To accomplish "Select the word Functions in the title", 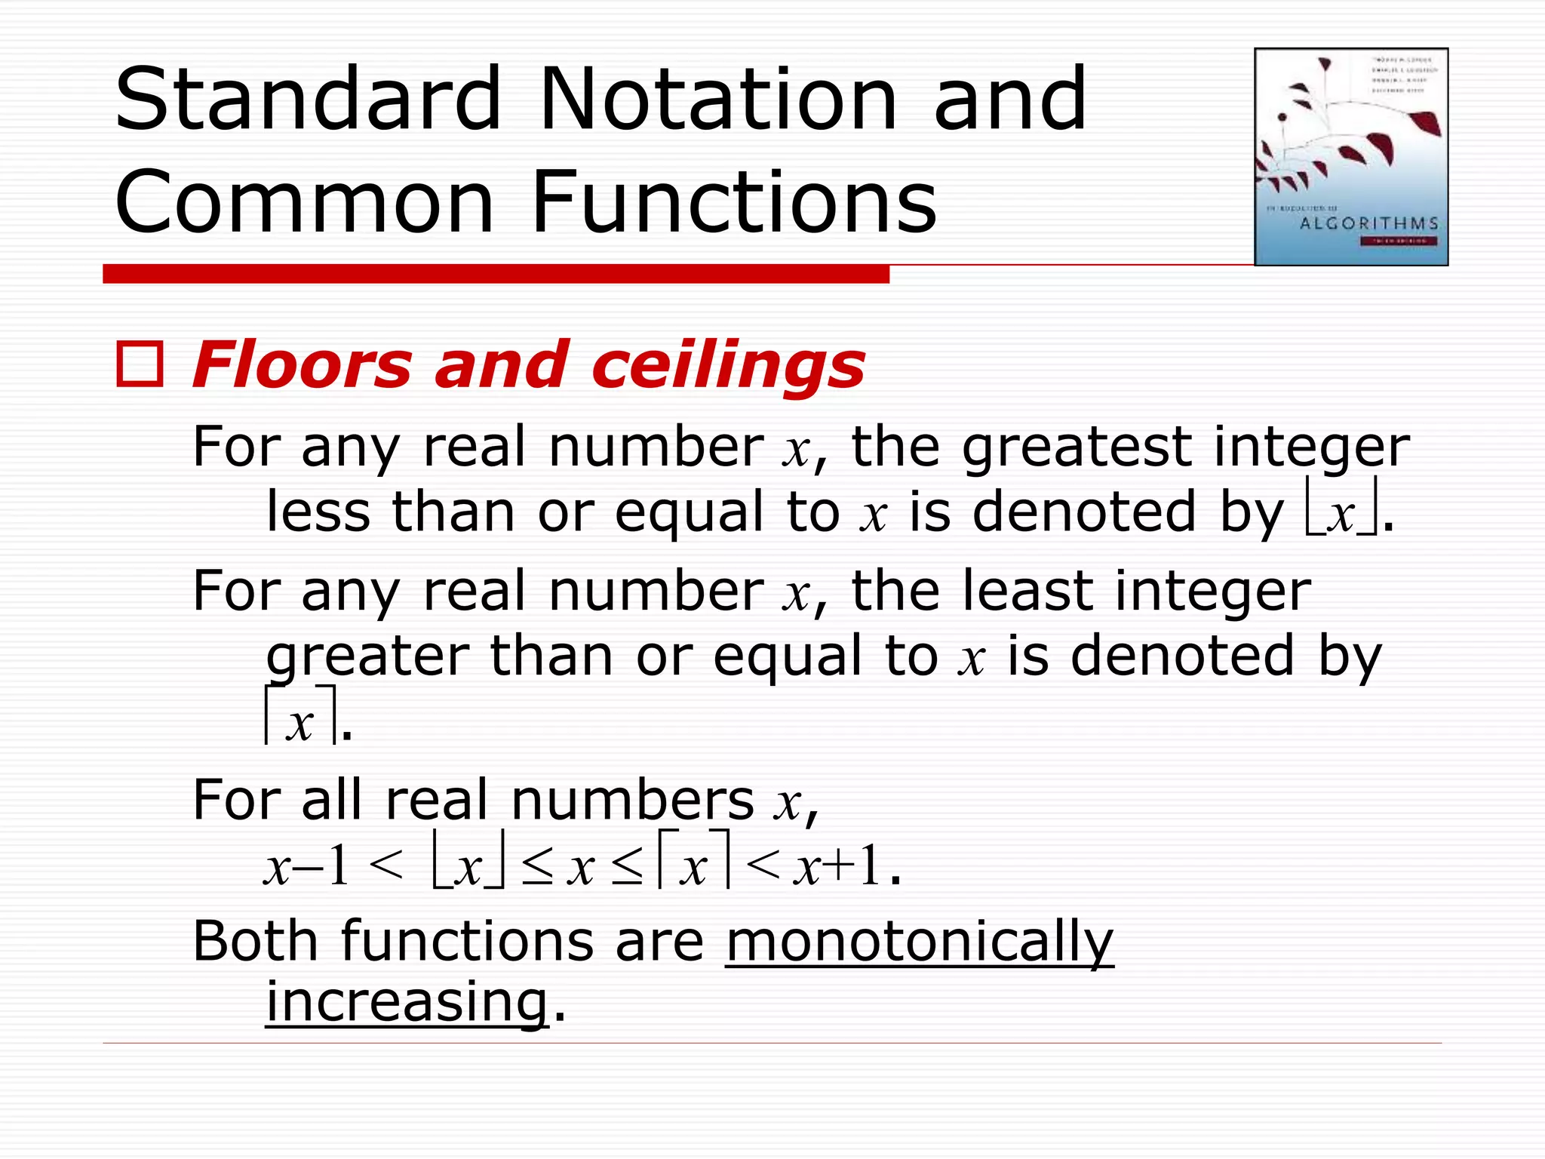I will [733, 202].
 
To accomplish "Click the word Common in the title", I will [304, 202].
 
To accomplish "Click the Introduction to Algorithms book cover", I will [1350, 157].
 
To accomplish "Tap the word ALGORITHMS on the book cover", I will [1368, 223].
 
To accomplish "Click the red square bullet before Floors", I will [140, 365].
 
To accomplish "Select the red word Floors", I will [302, 365].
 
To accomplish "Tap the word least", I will [1028, 591].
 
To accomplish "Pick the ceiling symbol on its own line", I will [300, 717].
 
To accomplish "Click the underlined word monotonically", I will [919, 942].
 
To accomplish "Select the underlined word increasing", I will [407, 1002].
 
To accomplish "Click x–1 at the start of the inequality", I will [306, 866].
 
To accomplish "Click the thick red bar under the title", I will [496, 274].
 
